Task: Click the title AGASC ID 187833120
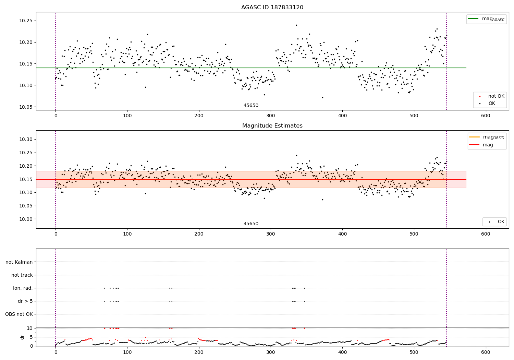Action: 272,8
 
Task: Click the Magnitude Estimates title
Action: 272,126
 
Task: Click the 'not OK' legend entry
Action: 496,96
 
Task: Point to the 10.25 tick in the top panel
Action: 26,21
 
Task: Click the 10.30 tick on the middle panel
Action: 26,139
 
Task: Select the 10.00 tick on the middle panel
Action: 26,219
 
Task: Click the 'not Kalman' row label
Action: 19,262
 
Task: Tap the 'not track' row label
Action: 22,275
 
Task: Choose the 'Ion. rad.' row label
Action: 23,288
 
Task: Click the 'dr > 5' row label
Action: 25,301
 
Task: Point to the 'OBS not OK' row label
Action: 19,314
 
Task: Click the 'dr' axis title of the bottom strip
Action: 22,337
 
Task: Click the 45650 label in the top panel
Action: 251,105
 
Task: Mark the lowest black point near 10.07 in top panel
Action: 322,97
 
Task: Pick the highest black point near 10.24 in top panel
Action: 296,25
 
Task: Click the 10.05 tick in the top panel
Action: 26,107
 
